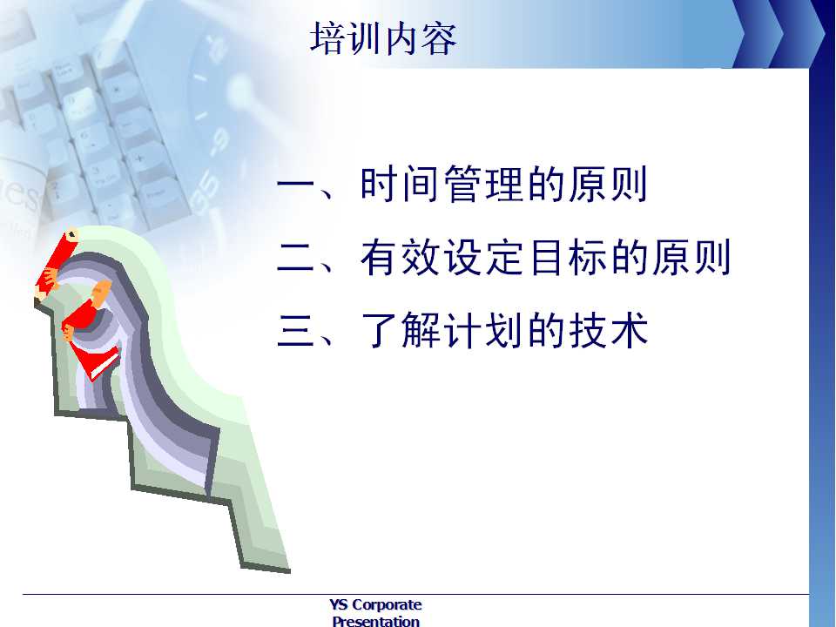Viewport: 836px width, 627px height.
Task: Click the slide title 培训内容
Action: (x=383, y=37)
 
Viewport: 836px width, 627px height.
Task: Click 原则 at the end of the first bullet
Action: (x=608, y=184)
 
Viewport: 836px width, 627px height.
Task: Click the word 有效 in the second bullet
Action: (x=401, y=257)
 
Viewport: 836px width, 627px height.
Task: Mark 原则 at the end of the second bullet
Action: (x=691, y=257)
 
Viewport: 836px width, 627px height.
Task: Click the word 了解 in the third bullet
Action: (x=401, y=330)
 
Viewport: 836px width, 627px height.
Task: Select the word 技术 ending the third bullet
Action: (x=609, y=330)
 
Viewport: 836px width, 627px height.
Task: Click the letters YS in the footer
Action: (x=339, y=604)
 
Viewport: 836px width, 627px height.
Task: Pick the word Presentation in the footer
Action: (x=376, y=621)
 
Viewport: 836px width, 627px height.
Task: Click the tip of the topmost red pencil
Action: (x=73, y=233)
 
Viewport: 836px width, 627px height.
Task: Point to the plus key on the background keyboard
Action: (x=139, y=158)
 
